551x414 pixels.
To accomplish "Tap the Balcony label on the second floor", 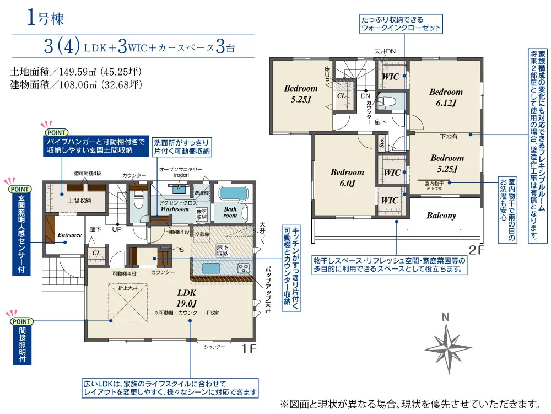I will click(x=441, y=216).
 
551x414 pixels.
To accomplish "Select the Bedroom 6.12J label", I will click(x=446, y=97).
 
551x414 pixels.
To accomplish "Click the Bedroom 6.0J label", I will click(x=347, y=178).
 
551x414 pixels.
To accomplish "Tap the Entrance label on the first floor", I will click(x=69, y=235).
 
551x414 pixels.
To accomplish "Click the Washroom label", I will click(x=174, y=209).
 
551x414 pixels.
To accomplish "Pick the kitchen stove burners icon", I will click(x=243, y=268).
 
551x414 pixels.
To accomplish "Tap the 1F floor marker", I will click(x=249, y=348).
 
